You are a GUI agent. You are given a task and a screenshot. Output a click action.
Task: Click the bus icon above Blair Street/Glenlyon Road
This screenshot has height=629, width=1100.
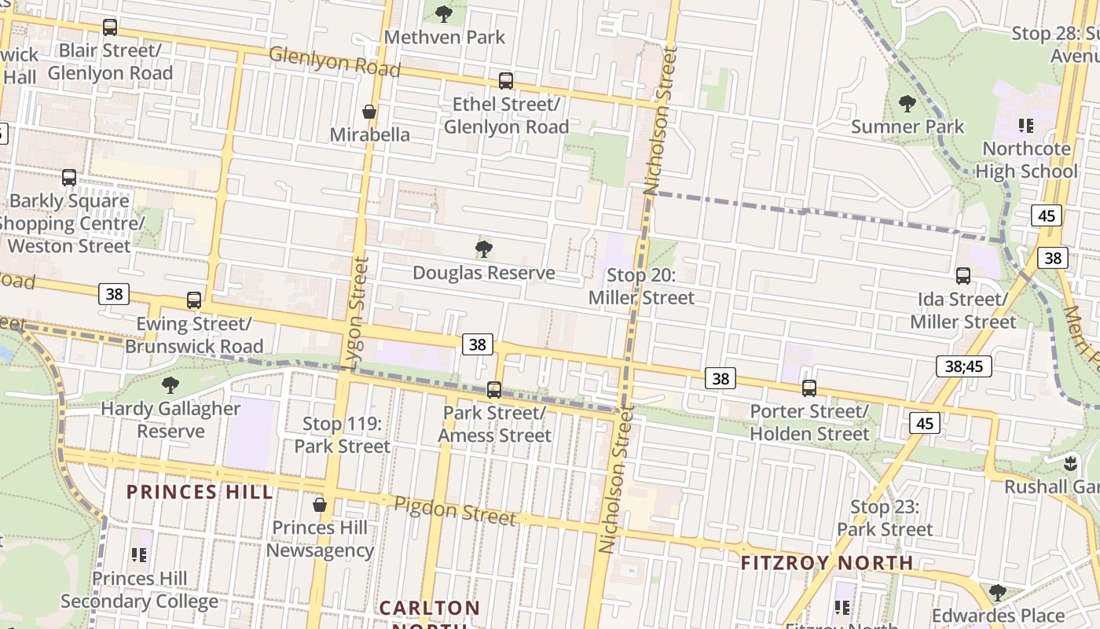point(110,28)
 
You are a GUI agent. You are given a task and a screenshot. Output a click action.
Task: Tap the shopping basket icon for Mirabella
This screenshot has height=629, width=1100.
point(368,112)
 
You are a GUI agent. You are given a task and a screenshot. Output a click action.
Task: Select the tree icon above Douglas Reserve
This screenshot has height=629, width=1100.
point(484,250)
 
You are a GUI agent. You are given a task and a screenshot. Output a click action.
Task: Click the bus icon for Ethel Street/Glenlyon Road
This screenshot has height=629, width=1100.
point(506,81)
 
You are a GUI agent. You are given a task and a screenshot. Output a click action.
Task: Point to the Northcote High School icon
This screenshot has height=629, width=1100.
point(1025,126)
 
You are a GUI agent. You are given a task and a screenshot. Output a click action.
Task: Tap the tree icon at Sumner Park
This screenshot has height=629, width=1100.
point(907,104)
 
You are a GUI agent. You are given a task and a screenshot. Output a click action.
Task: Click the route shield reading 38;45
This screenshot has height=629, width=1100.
point(964,366)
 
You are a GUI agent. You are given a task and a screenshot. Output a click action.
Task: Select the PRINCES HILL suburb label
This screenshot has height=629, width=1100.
point(200,492)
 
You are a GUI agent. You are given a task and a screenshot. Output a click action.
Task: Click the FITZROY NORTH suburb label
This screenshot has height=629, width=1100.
point(827,563)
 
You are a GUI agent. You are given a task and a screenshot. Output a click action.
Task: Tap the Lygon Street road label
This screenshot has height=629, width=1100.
point(357,312)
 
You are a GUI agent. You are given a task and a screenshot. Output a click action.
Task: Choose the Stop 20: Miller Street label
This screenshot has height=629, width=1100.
point(641,286)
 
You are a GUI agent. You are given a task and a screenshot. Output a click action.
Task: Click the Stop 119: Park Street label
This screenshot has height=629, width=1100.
point(342,435)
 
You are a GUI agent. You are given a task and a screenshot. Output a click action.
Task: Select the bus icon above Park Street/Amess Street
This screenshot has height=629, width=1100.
point(494,389)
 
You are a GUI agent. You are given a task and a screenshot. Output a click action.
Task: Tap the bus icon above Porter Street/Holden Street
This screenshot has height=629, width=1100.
point(809,388)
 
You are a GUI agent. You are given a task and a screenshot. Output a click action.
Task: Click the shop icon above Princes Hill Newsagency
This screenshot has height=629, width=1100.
point(320,504)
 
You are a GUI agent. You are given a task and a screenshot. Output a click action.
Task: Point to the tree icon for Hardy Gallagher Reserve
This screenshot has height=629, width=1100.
point(170,385)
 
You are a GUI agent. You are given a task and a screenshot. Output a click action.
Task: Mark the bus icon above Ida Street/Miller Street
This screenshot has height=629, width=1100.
point(962,276)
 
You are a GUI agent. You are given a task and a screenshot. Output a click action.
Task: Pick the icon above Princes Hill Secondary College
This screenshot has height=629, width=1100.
point(139,556)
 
